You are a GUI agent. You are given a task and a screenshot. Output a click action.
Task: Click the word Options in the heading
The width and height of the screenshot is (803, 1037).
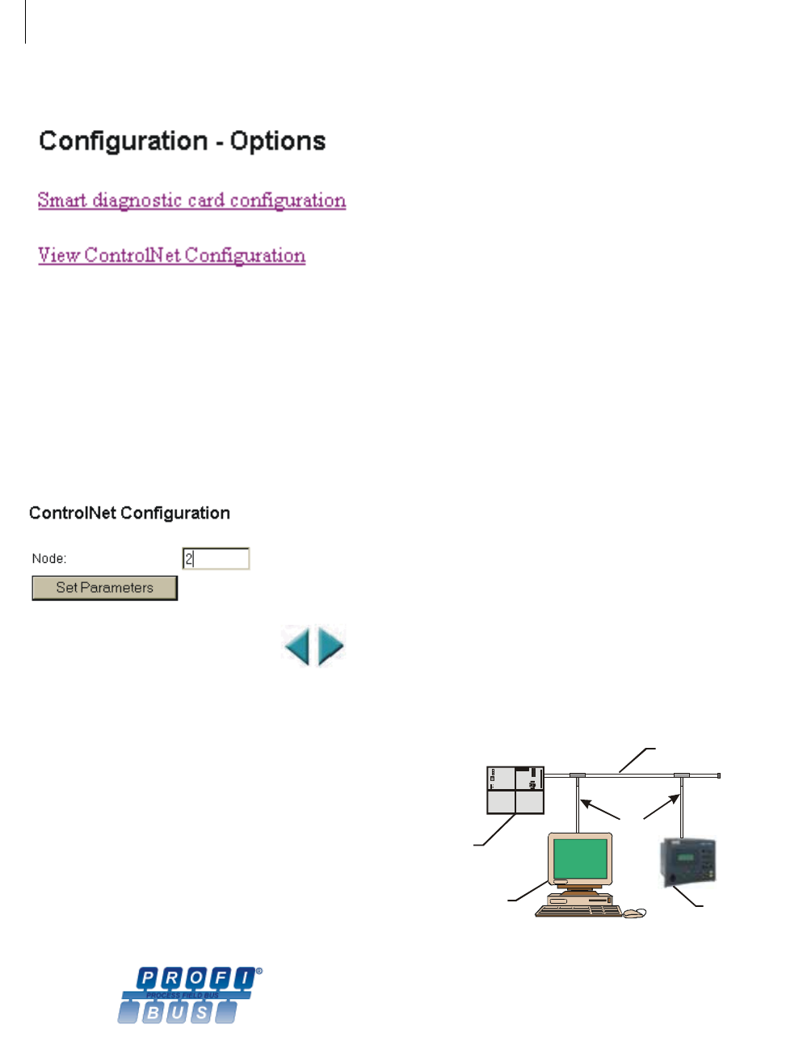[278, 141]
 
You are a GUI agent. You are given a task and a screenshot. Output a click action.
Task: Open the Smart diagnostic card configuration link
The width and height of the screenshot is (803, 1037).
[191, 200]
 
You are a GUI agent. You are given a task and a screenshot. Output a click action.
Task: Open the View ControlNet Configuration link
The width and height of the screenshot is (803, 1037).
[171, 255]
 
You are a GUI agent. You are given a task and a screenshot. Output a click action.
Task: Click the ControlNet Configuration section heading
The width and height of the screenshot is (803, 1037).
[129, 513]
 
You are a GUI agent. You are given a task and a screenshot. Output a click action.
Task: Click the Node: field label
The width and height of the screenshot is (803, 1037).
[49, 558]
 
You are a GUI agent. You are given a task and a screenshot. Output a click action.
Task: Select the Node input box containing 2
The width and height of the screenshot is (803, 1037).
[216, 558]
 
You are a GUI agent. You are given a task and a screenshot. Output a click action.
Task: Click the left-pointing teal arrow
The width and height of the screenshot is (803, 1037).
[297, 646]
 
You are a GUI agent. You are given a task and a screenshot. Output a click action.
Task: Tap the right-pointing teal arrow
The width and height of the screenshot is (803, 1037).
[330, 646]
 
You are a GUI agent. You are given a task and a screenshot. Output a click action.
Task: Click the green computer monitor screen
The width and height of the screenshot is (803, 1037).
[580, 858]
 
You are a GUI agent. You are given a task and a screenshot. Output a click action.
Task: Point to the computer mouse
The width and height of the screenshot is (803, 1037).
[635, 913]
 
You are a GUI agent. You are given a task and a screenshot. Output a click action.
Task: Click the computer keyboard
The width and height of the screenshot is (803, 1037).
[578, 911]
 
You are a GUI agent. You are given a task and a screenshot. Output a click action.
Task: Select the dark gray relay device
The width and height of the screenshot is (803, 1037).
[687, 862]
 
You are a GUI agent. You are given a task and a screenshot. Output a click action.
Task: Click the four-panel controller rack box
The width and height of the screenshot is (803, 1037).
[515, 790]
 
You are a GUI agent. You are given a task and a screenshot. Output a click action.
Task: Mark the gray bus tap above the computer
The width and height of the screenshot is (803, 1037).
[578, 775]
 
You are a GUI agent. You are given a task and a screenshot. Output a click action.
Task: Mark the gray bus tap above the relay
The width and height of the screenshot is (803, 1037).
[683, 775]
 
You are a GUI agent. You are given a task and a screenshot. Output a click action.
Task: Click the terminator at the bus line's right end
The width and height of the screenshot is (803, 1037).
[718, 775]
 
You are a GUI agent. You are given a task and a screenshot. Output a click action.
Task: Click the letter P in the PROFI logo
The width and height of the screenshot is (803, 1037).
[148, 979]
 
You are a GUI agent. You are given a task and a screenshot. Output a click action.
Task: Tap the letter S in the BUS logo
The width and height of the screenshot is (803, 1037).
[202, 1012]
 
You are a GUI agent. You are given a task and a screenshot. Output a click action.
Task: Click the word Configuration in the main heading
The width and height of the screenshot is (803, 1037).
[124, 141]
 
